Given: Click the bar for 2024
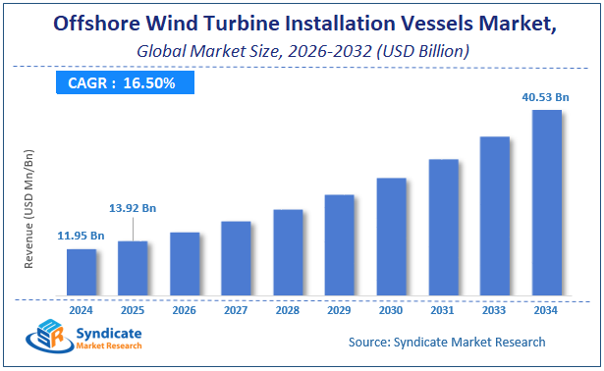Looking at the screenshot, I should click(82, 272).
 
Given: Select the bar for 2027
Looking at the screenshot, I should click(236, 258).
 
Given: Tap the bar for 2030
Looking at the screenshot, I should click(391, 237).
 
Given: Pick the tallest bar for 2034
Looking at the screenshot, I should click(546, 202).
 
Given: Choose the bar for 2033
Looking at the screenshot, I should click(494, 216).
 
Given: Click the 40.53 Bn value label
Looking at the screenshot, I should click(545, 96).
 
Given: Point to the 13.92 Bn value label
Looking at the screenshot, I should click(133, 209).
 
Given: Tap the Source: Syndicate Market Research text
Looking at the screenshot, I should click(447, 342).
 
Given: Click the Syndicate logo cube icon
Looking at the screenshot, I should click(45, 337).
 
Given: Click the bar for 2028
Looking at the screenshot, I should click(288, 252).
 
